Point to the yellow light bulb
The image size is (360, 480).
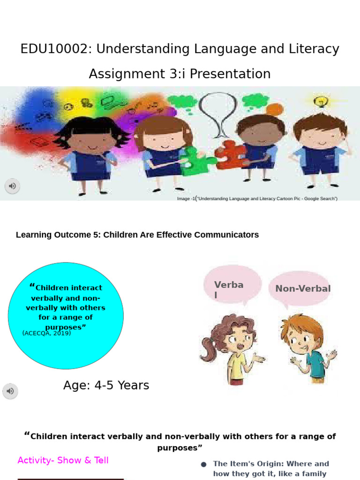(321, 101)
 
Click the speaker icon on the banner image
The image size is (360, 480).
(12, 186)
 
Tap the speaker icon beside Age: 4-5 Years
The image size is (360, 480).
(10, 391)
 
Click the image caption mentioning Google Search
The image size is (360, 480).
(257, 199)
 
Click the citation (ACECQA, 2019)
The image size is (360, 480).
(46, 333)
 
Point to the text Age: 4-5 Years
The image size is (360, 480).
(106, 385)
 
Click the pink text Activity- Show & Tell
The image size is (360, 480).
(63, 460)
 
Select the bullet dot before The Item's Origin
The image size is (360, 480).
(203, 465)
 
